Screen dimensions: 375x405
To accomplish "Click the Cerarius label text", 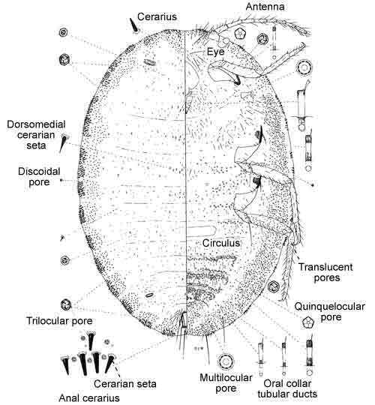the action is [157, 16].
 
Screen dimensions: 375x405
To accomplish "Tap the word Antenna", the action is [265, 7].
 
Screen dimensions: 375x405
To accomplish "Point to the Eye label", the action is [216, 52].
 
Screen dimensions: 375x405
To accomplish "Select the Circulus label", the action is [221, 243].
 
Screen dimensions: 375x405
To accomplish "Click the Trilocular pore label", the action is [59, 321].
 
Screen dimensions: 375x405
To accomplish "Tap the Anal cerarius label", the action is [89, 398].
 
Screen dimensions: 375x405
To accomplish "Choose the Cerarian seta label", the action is [125, 384].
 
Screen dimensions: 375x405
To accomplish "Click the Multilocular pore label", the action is [226, 383].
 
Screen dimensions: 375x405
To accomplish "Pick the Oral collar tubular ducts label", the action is [287, 388].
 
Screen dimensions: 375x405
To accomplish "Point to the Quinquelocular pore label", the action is [330, 312].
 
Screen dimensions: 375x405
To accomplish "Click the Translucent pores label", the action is [326, 272].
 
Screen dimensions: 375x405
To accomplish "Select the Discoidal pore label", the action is [39, 177].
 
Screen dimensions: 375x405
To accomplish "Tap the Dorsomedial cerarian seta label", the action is [36, 135].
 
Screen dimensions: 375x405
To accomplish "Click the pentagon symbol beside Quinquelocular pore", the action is [308, 322].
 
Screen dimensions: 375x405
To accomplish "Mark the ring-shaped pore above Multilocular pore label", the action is [226, 361].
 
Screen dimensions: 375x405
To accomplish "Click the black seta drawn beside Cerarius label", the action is [134, 25].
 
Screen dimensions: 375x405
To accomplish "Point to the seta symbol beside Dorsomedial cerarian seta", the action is [64, 142].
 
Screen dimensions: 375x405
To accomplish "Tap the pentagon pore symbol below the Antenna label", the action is [240, 34].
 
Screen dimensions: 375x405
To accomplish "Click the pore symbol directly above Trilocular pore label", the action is [66, 305].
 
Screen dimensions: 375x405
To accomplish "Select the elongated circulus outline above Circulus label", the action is [202, 230].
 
